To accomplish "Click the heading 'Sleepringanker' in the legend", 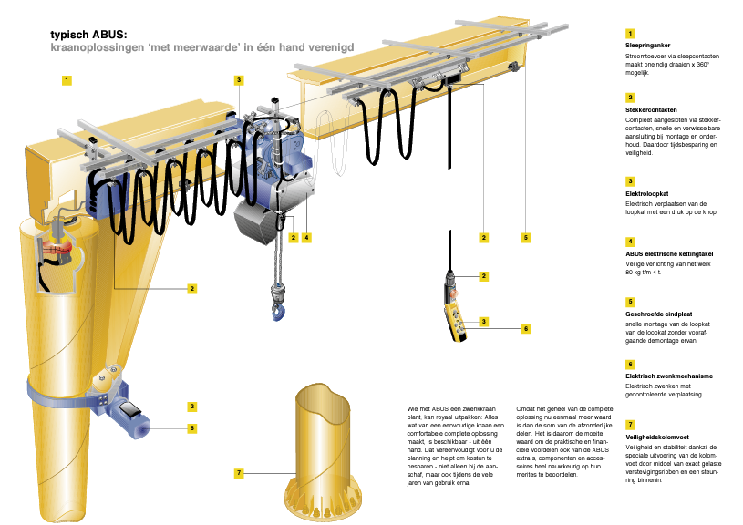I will coord(648,44).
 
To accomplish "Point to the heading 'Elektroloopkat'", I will coord(647,192).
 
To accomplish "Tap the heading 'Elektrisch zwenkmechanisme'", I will coord(668,376).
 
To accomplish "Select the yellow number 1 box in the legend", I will coord(630,33).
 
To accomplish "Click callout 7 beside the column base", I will coord(238,473).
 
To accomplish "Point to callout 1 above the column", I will coord(67,80).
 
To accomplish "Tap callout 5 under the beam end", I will coord(526,237).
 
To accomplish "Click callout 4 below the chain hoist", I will coord(307,237).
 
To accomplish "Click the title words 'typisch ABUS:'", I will coord(89,35).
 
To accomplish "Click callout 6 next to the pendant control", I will coord(526,327).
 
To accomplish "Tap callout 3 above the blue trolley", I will coord(238,80).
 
